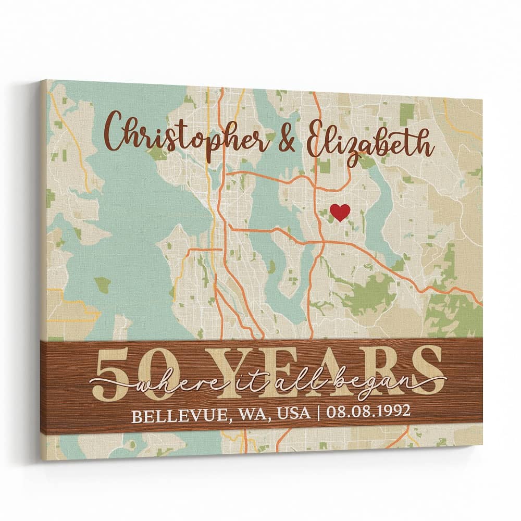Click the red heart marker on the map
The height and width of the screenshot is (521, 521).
point(340,212)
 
